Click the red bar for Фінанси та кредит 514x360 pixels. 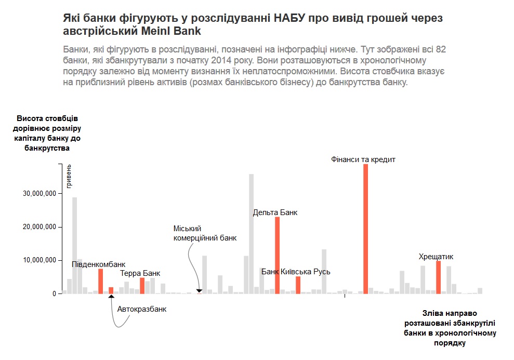(x=365, y=229)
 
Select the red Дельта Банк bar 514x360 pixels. (x=277, y=255)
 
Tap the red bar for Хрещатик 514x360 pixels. (x=438, y=277)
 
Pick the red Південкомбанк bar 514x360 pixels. (x=100, y=281)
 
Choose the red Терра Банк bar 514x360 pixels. (x=142, y=286)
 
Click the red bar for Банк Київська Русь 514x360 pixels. (x=298, y=285)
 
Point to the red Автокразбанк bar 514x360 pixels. (x=111, y=290)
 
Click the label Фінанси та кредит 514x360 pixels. (x=363, y=159)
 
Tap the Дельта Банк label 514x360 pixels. (x=275, y=212)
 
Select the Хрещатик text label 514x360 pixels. (x=436, y=257)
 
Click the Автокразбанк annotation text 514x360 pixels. (x=142, y=309)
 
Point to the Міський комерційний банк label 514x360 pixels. (x=205, y=233)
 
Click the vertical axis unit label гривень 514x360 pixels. (x=69, y=176)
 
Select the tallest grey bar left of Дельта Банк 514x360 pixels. (x=251, y=234)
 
